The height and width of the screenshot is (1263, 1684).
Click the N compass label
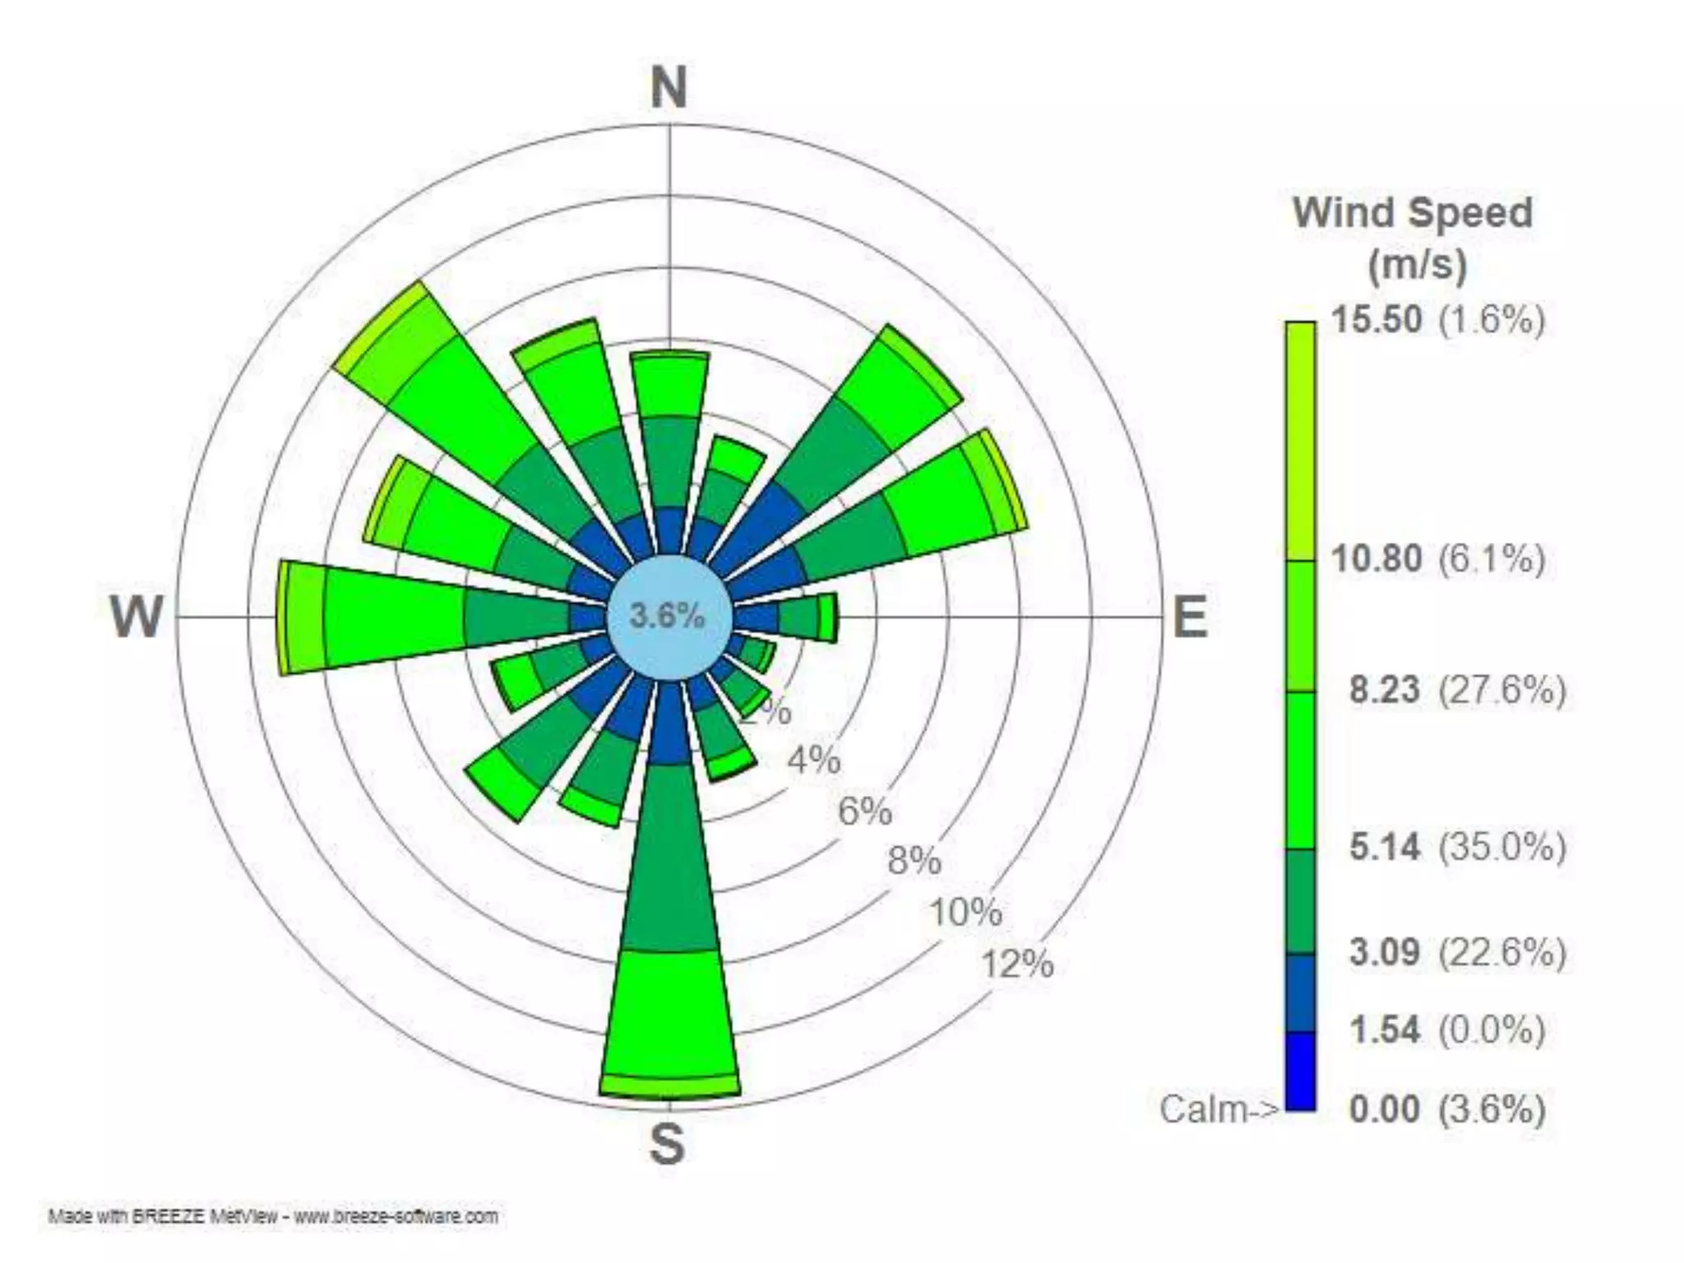tap(669, 88)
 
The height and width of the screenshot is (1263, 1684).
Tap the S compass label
tap(667, 1144)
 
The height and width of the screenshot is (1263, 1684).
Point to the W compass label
tap(136, 617)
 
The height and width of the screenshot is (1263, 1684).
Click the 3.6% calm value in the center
tap(667, 616)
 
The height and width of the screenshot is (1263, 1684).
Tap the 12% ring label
tap(1017, 964)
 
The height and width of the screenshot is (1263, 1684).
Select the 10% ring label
tap(966, 913)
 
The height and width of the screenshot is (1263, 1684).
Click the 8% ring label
tap(914, 862)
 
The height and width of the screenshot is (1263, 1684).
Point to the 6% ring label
tap(865, 812)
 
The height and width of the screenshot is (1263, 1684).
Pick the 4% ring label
tap(814, 761)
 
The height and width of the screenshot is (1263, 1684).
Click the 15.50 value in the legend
tap(1376, 319)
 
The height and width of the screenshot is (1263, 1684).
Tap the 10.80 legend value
tap(1376, 558)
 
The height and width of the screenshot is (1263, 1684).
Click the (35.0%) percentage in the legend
tap(1501, 846)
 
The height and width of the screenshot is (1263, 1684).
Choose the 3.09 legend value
tap(1385, 952)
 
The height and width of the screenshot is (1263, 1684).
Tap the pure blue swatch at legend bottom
tap(1300, 1071)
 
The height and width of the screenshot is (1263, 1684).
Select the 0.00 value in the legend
tap(1385, 1109)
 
